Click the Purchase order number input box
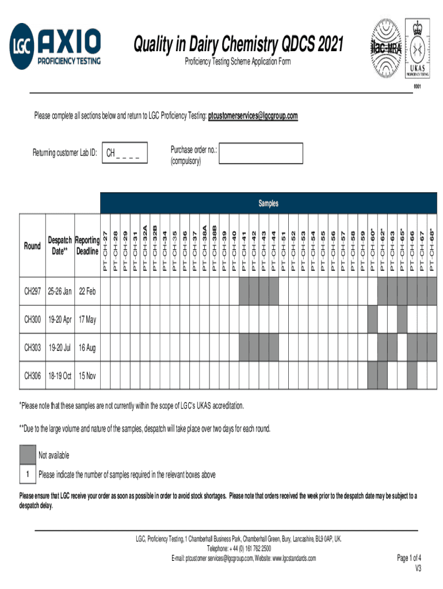(261, 154)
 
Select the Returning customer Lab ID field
(124, 153)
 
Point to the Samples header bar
(268, 203)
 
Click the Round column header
(32, 246)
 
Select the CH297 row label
(32, 293)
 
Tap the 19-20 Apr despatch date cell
(59, 320)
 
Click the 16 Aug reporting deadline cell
(87, 347)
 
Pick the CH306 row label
(32, 376)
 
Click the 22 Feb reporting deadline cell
(87, 293)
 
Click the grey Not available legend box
(27, 455)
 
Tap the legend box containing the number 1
(27, 474)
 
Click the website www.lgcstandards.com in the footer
(285, 558)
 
